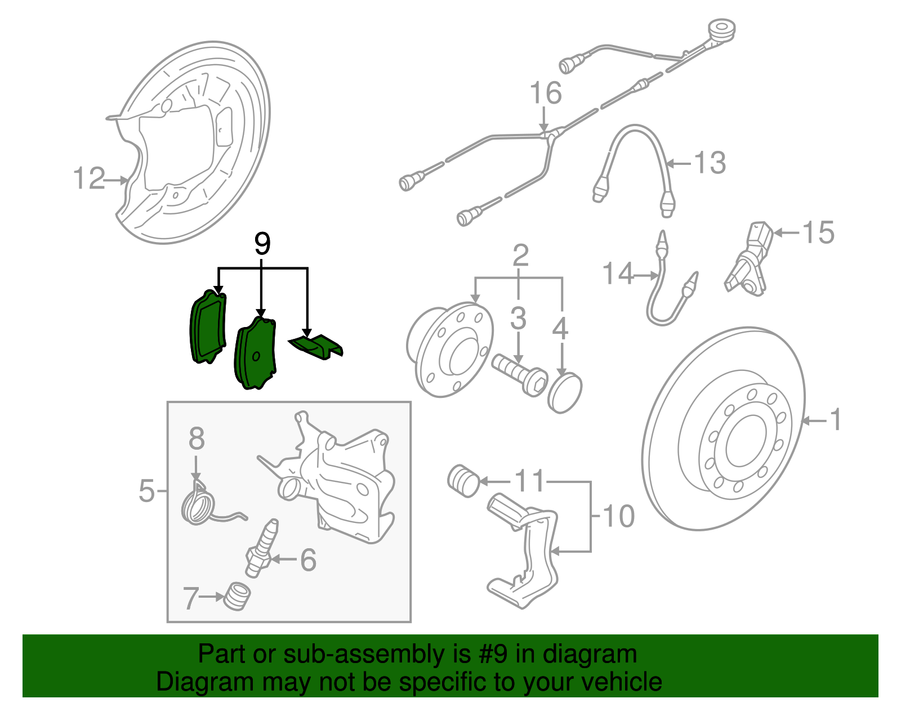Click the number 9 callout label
(x=262, y=244)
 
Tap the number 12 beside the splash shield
(x=89, y=179)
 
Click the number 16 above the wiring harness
(x=545, y=93)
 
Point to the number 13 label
(x=710, y=163)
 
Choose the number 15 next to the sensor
(x=818, y=232)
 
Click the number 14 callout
(x=618, y=274)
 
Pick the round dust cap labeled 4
(x=565, y=392)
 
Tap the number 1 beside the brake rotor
(x=836, y=420)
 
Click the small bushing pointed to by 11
(x=463, y=481)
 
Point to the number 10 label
(x=618, y=516)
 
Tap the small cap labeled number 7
(x=237, y=596)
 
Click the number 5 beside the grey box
(x=146, y=491)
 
